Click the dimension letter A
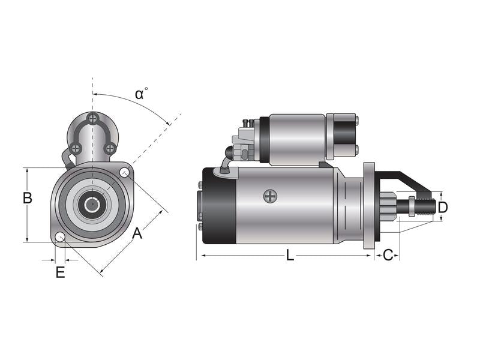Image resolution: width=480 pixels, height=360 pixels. (x=137, y=233)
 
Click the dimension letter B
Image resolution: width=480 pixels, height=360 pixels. (x=27, y=197)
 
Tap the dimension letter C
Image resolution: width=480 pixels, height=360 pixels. (x=388, y=255)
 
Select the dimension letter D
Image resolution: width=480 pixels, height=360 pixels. (x=442, y=208)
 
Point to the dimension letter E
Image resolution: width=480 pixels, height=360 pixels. (x=59, y=272)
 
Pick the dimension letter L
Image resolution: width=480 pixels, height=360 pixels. (x=290, y=255)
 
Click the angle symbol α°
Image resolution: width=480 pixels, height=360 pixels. (x=141, y=94)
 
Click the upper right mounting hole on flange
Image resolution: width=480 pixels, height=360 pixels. (x=125, y=173)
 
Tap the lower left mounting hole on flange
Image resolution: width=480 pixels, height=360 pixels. (x=60, y=238)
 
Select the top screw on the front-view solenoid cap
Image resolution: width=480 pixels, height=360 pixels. (x=92, y=118)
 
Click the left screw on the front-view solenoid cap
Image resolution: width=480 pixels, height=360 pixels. (x=75, y=148)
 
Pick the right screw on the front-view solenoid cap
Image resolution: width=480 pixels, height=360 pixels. (x=110, y=148)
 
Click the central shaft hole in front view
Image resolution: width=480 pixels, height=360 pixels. (x=92, y=205)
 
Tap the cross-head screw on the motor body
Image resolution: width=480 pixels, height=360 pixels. (x=271, y=196)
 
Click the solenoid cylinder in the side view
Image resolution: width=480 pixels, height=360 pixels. (x=297, y=139)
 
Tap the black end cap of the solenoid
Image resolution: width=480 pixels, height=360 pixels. (x=344, y=137)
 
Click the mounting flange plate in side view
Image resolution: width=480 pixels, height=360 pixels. (x=369, y=205)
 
